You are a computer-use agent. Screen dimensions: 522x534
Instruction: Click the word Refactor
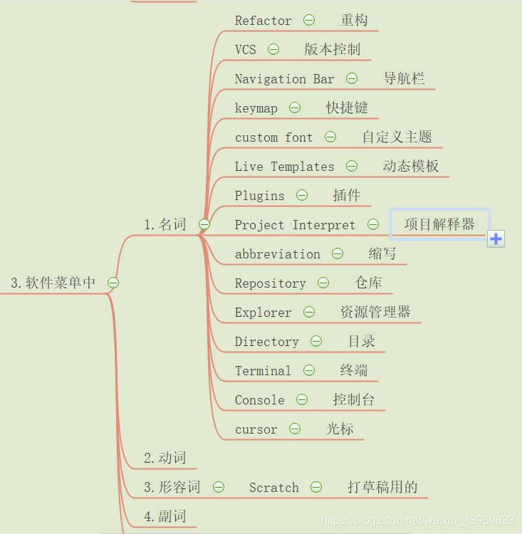[x=263, y=21]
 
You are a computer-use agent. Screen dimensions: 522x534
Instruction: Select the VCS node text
[x=245, y=50]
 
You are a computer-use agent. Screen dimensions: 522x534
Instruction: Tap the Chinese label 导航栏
[x=404, y=79]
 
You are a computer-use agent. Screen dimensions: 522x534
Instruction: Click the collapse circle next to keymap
[x=294, y=108]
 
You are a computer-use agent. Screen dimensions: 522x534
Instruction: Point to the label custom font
[x=273, y=137]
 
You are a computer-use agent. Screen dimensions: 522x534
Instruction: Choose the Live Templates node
[x=284, y=167]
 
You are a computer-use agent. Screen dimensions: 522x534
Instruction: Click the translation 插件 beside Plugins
[x=346, y=196]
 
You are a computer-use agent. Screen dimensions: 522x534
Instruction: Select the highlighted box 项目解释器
[x=439, y=224]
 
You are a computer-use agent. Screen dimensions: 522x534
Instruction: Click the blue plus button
[x=496, y=239]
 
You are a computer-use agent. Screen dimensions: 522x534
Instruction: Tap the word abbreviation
[x=277, y=254]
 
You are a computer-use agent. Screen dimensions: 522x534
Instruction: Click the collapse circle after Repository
[x=323, y=283]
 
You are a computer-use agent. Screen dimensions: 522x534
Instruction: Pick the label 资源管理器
[x=375, y=312]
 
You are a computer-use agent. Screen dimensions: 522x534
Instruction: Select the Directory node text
[x=266, y=342]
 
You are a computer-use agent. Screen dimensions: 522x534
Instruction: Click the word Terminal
[x=263, y=371]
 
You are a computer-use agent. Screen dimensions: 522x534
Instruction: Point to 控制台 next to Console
[x=353, y=399]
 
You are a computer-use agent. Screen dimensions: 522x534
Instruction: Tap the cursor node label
[x=256, y=429]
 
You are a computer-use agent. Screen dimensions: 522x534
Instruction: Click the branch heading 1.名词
[x=165, y=225]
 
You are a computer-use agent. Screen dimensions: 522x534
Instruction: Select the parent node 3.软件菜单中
[x=53, y=283]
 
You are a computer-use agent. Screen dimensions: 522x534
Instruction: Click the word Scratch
[x=273, y=488]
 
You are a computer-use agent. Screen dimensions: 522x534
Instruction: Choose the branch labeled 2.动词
[x=165, y=458]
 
